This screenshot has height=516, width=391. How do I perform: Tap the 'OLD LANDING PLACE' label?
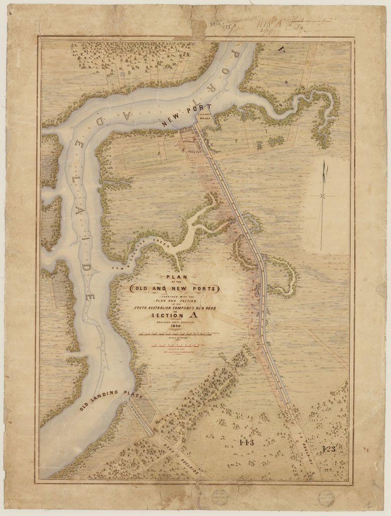click(112, 401)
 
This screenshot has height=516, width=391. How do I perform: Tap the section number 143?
click(246, 442)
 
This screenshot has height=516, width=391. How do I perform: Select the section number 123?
click(328, 449)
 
